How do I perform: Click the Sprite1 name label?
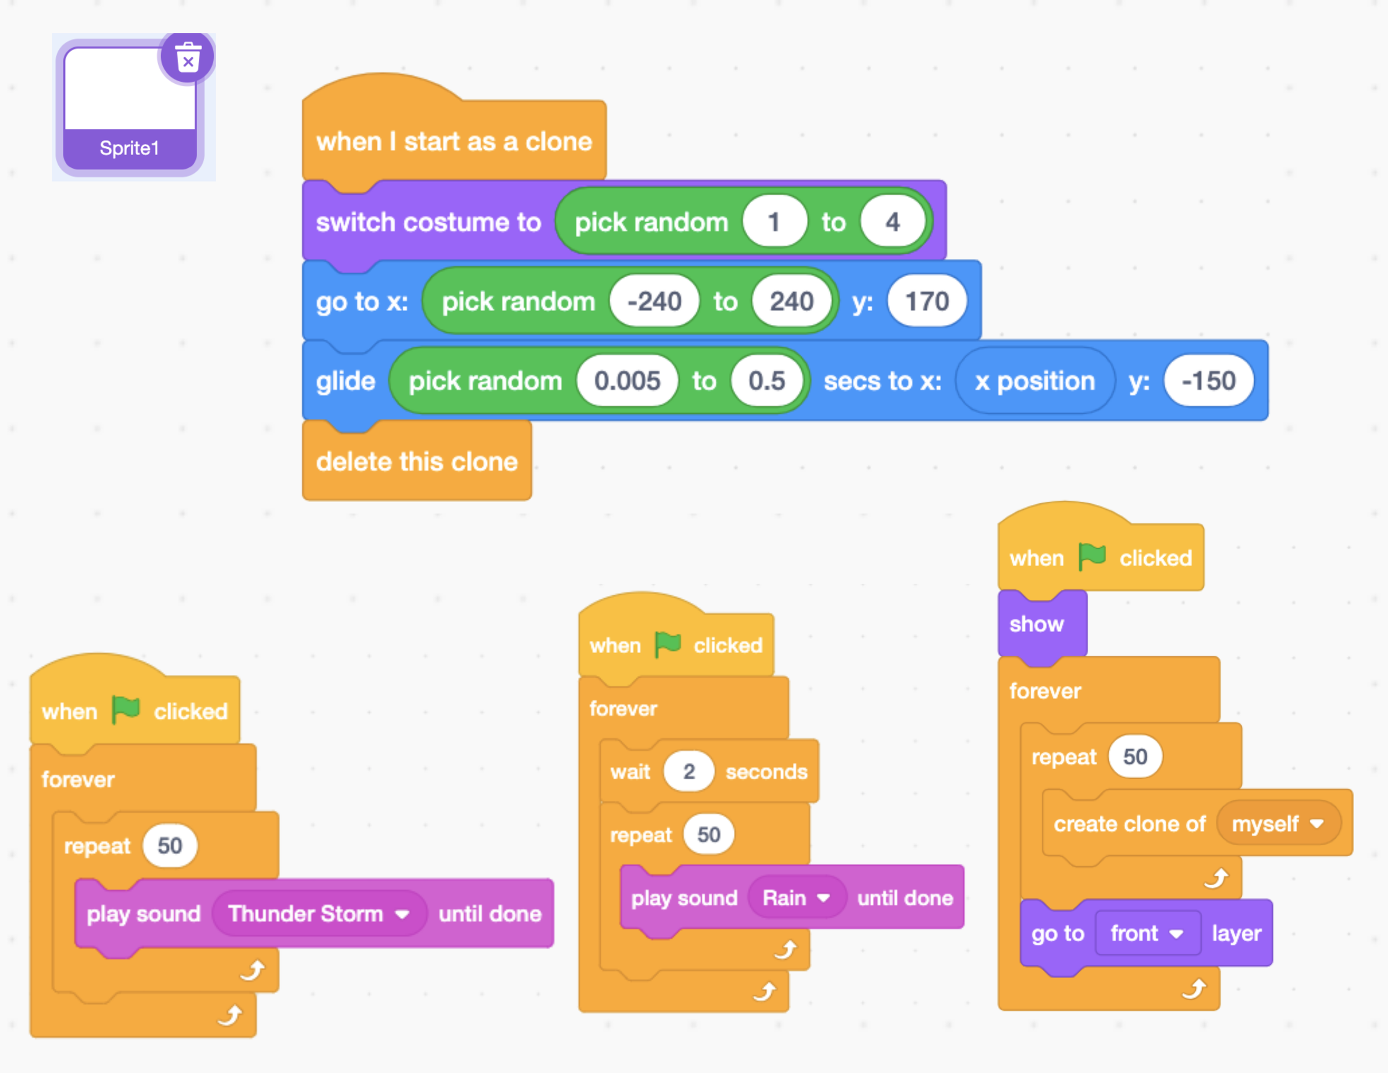point(129,148)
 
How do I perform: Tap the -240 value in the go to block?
point(654,302)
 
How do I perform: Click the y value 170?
point(926,302)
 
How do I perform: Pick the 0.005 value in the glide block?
point(627,381)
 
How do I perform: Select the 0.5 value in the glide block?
point(766,381)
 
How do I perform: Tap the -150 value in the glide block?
point(1208,381)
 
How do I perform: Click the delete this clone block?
point(416,462)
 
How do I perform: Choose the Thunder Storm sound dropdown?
point(318,914)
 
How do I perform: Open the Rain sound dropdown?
point(796,897)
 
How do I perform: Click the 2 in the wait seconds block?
point(688,771)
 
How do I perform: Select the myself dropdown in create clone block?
point(1277,824)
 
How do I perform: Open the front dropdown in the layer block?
point(1146,933)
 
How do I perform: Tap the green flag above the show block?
point(1092,557)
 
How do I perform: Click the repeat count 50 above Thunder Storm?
point(170,845)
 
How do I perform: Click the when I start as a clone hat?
point(453,141)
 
